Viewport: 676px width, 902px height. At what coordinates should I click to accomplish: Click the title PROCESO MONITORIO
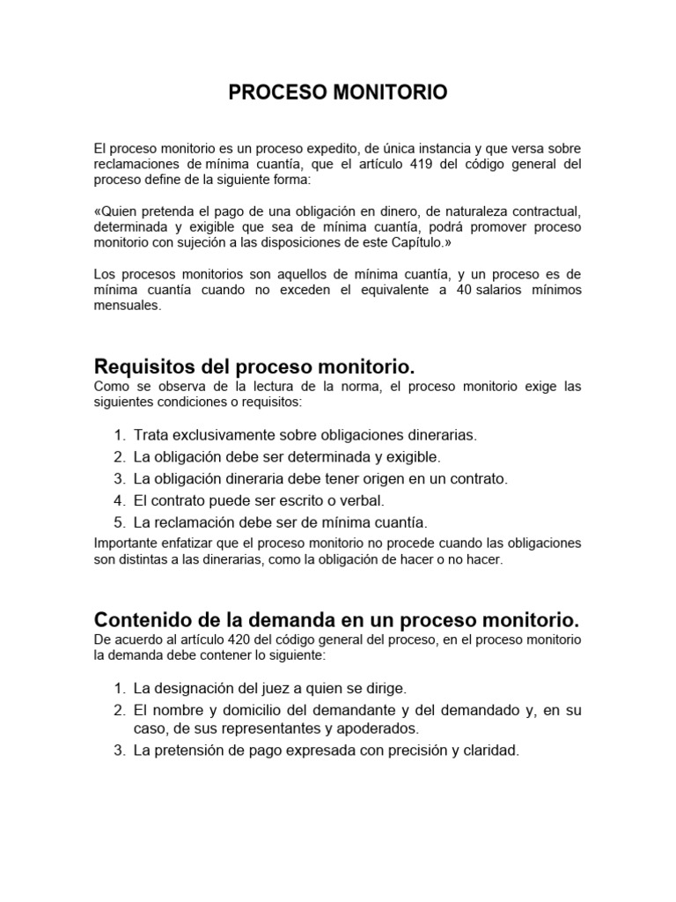point(338,92)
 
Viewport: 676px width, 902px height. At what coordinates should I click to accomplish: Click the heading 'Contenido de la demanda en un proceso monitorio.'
point(335,619)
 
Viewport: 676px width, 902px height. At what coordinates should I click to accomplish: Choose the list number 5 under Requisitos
point(119,521)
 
